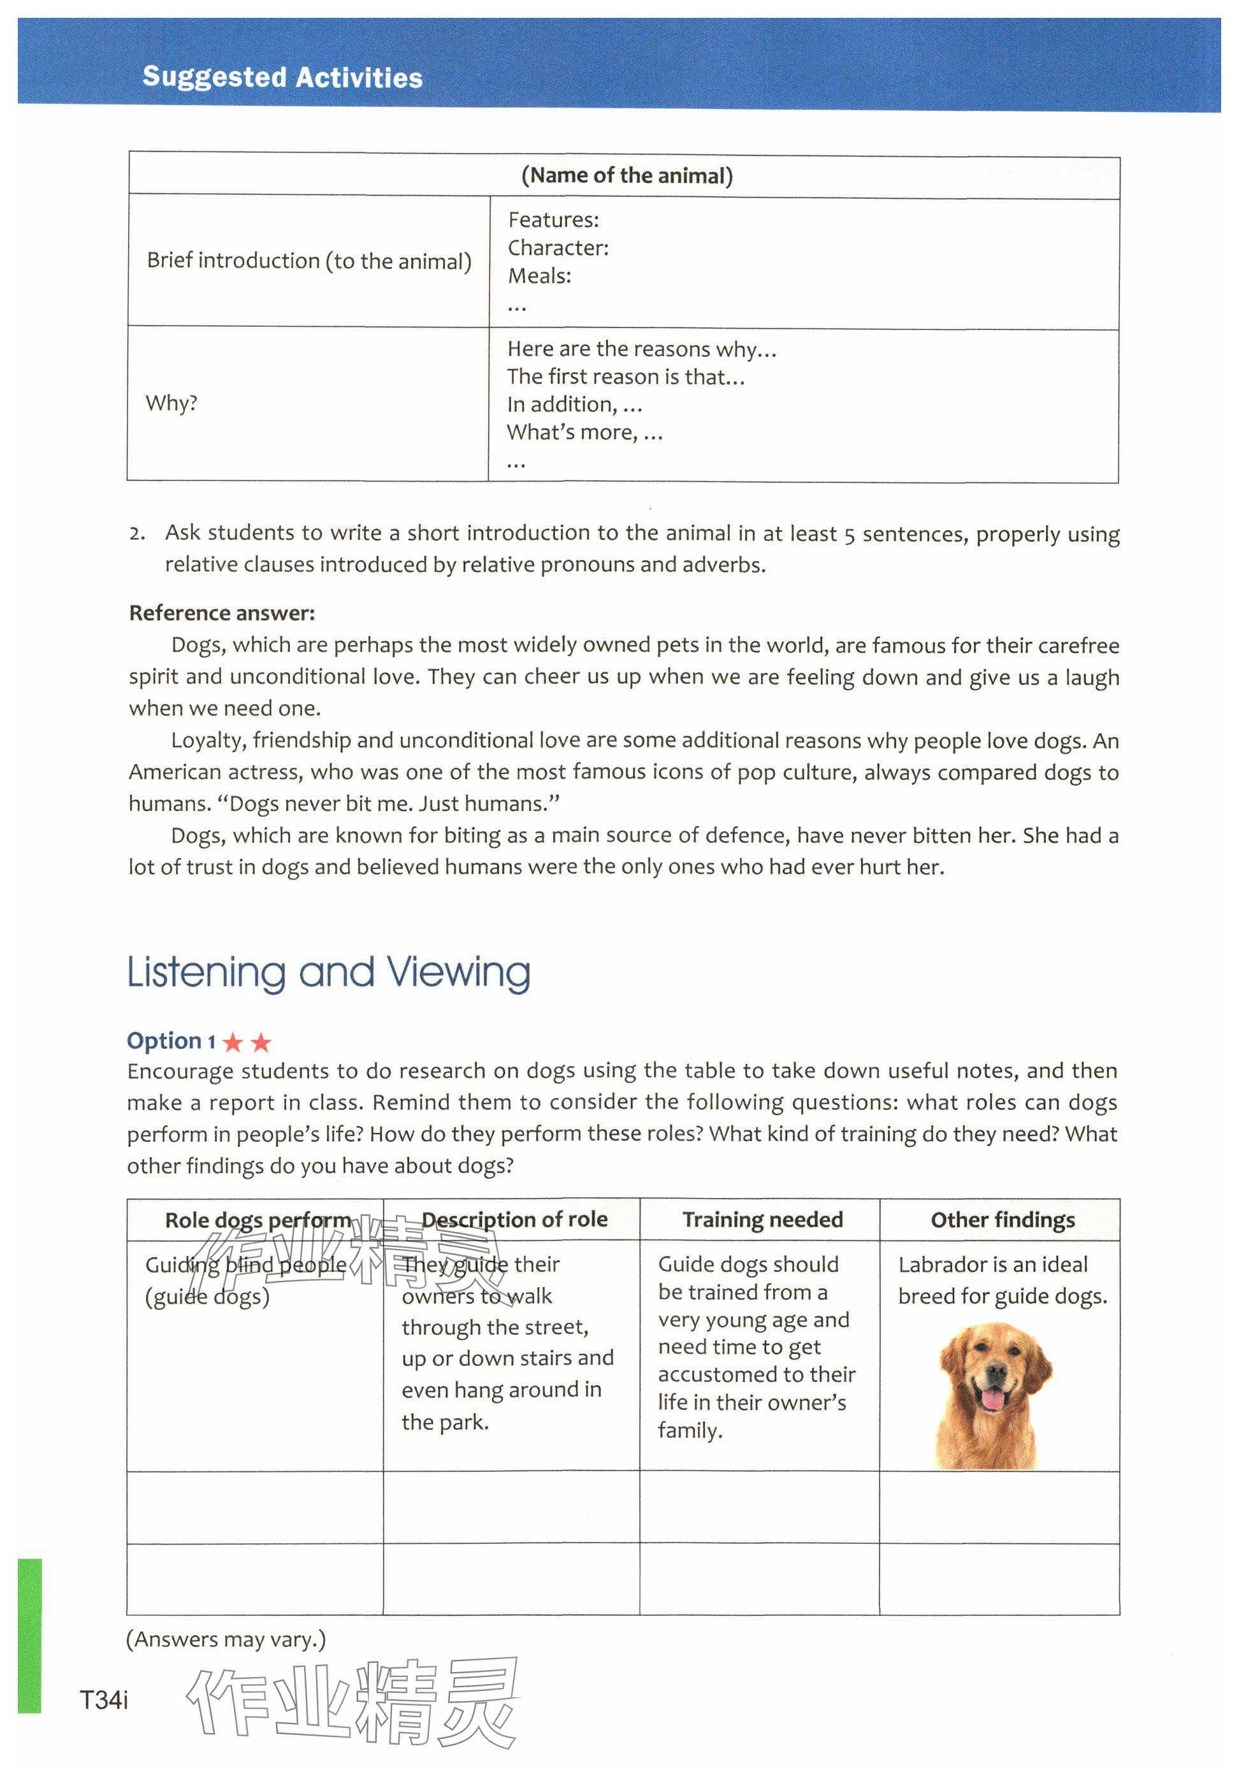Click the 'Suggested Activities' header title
click(x=282, y=77)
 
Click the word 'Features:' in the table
click(x=553, y=220)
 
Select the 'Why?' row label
click(x=171, y=403)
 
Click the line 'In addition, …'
click(x=574, y=405)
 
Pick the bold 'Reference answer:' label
click(x=222, y=613)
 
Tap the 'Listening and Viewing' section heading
click(x=328, y=972)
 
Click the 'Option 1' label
click(x=171, y=1041)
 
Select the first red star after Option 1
click(x=233, y=1042)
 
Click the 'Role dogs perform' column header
click(x=257, y=1220)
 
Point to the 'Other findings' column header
click(x=1002, y=1220)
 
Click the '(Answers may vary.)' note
click(x=226, y=1639)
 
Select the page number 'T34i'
click(x=104, y=1700)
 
